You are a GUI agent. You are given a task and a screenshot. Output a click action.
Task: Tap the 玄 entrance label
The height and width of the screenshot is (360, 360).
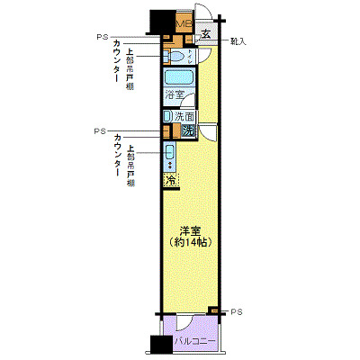point(206,35)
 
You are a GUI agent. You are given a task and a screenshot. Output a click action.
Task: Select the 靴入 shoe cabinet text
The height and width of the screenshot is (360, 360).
point(238,41)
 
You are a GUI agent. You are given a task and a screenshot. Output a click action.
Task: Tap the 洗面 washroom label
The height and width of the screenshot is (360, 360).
point(184,116)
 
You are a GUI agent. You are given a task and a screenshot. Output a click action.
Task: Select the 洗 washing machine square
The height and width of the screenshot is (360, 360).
point(187,131)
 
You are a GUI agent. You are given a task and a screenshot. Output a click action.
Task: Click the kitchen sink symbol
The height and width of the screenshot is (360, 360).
point(168,154)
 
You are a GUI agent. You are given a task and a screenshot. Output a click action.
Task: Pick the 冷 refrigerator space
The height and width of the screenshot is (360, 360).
point(170,181)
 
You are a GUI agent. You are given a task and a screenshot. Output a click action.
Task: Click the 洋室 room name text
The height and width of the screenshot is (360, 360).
point(189,229)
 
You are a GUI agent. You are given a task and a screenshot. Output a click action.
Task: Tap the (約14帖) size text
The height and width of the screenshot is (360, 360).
point(190,242)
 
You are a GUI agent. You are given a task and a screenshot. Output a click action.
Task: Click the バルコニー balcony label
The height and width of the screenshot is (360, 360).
point(194,343)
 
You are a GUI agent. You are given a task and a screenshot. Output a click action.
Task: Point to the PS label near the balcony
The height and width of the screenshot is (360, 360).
point(237,311)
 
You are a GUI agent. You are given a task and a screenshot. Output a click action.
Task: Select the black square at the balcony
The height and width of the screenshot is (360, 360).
point(160,346)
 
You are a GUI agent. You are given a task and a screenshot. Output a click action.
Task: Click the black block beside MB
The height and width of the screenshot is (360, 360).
point(160,20)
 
